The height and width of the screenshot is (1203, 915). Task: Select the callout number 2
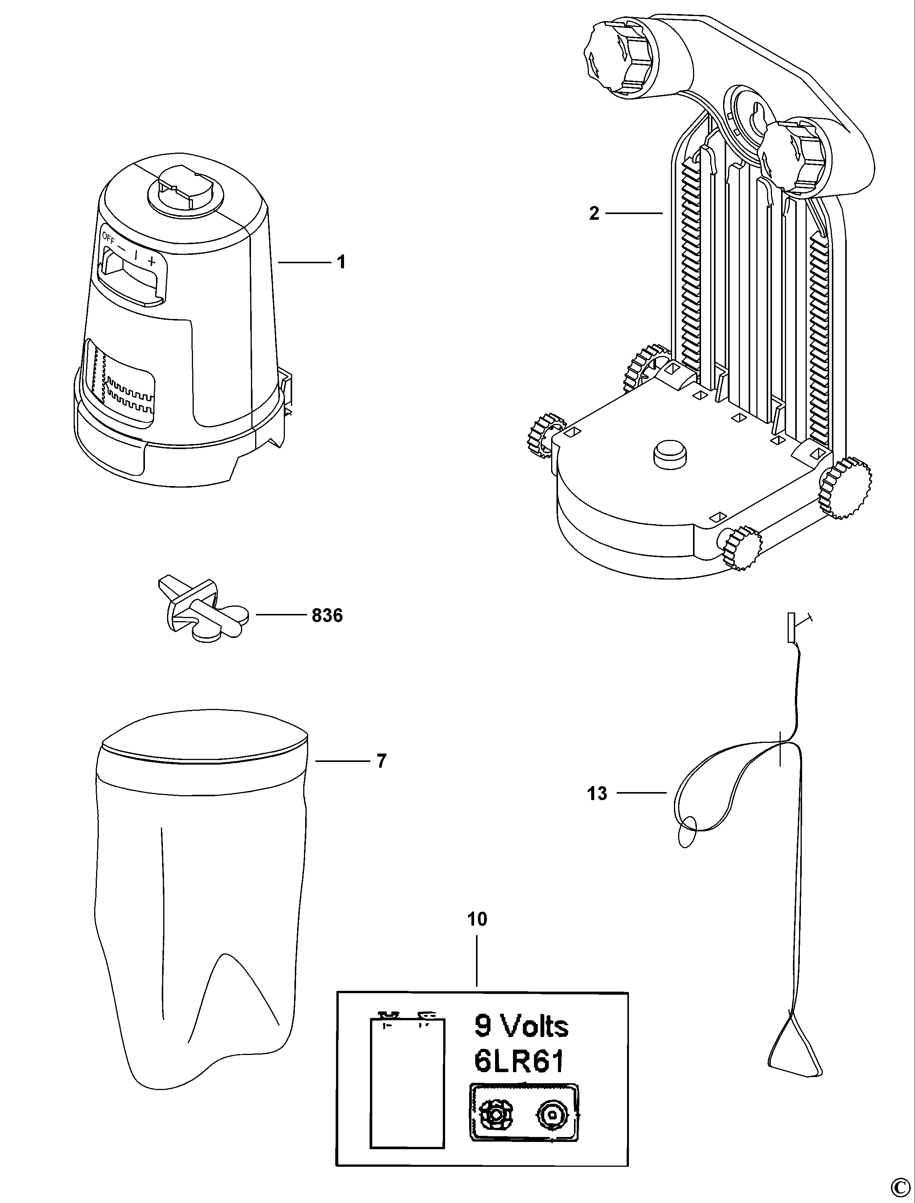[x=593, y=213]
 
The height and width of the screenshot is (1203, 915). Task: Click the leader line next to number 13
[x=641, y=793]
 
